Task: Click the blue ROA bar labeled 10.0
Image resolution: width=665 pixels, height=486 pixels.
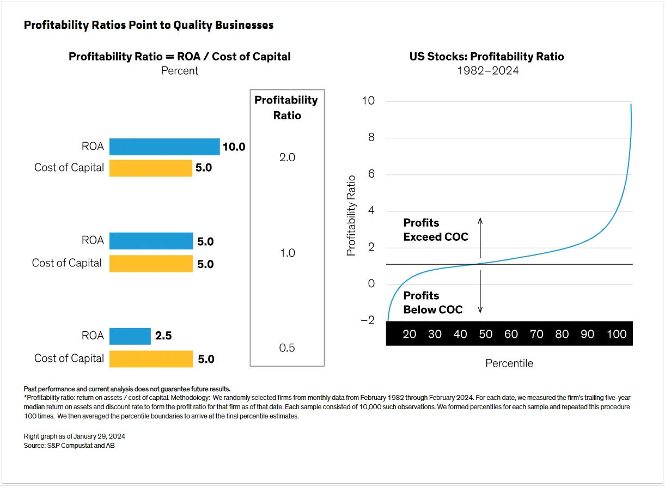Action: point(164,147)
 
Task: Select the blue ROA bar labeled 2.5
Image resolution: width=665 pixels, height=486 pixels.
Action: point(130,336)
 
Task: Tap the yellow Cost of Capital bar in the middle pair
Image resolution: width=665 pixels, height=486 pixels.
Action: point(151,264)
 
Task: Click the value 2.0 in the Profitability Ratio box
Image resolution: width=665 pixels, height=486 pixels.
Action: point(286,157)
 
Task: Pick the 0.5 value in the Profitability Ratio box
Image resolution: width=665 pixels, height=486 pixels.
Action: point(286,348)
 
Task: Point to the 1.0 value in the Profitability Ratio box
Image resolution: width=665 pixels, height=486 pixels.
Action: point(287,253)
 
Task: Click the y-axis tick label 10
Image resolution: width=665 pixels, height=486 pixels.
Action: point(368,101)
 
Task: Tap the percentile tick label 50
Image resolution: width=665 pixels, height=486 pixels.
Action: point(485,334)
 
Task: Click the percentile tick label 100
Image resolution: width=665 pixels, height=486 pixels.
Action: point(617,334)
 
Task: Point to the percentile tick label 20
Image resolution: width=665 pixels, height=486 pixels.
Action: point(409,334)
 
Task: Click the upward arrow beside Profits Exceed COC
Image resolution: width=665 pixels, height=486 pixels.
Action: point(480,237)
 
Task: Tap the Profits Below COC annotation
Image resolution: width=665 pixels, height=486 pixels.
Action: point(432,302)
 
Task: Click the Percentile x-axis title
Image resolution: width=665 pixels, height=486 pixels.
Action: point(509,363)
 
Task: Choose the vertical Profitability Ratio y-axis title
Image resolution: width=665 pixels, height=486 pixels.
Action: point(351,215)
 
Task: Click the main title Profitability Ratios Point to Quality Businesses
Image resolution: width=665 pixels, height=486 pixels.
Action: point(149,25)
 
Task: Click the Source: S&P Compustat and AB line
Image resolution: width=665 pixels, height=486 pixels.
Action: point(69,445)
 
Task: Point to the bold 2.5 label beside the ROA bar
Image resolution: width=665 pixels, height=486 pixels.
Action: point(163,336)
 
